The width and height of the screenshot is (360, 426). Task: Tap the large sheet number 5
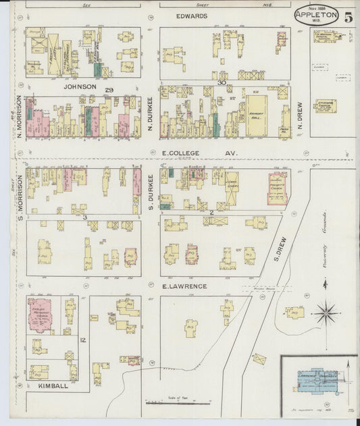(347, 18)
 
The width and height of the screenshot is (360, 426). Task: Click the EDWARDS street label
(191, 16)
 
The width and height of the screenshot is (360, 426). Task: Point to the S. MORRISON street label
(20, 197)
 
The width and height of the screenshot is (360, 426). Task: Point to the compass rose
(325, 312)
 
